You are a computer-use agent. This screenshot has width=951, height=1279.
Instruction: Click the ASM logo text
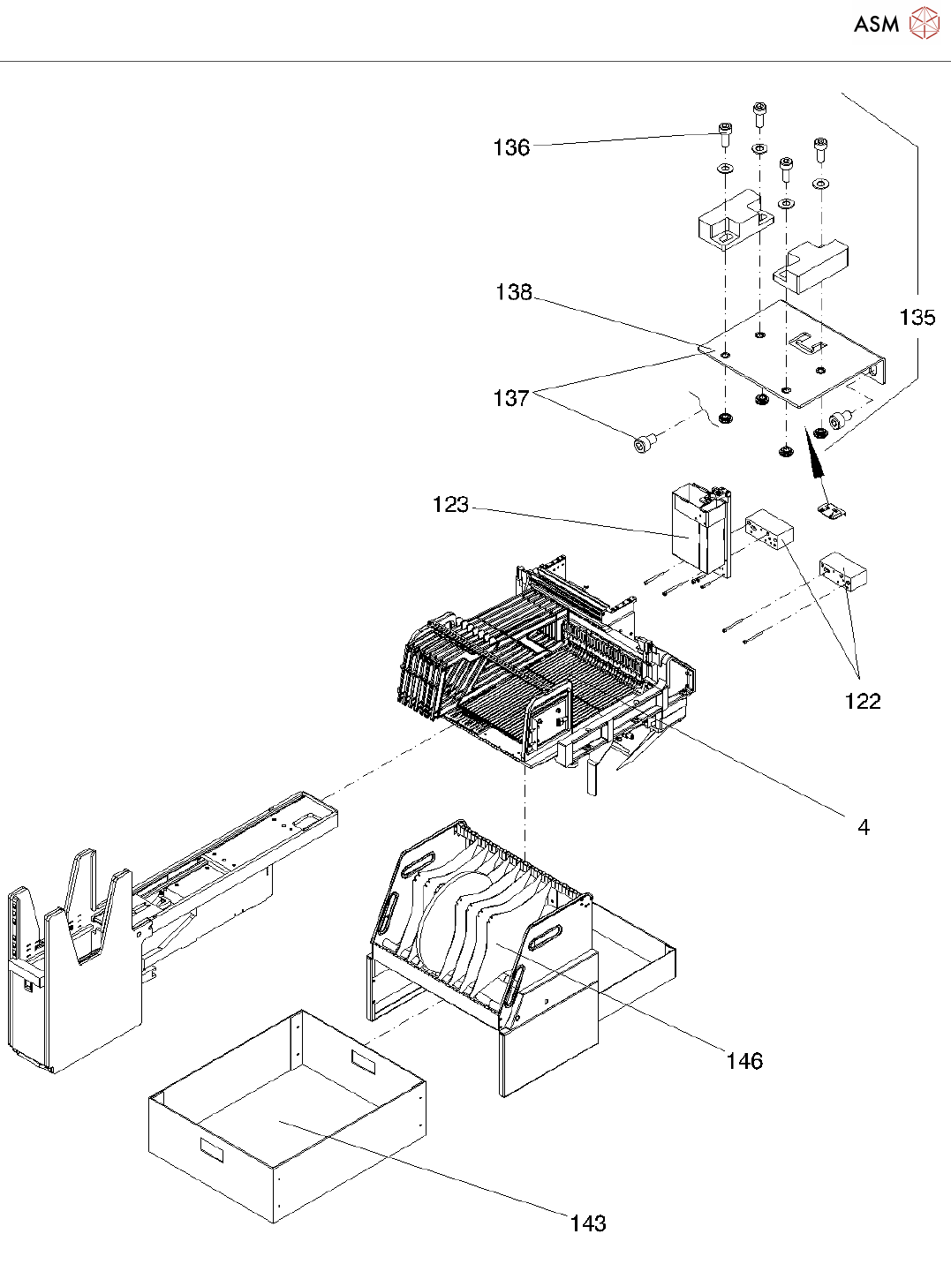click(x=876, y=25)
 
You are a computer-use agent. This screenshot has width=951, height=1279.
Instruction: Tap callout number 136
click(x=511, y=147)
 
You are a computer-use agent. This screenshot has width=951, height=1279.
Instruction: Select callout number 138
click(x=514, y=292)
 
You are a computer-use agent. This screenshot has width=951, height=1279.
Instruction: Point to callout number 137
click(x=511, y=398)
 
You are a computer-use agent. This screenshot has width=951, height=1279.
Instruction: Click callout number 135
click(x=917, y=318)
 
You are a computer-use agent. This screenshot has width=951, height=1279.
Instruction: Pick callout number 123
click(x=450, y=505)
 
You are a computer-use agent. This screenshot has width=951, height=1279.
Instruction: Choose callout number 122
click(x=863, y=701)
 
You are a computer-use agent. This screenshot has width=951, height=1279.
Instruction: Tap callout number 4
click(x=864, y=827)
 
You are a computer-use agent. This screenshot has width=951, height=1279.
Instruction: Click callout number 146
click(x=744, y=1061)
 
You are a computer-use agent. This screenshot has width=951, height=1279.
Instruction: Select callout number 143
click(x=588, y=1223)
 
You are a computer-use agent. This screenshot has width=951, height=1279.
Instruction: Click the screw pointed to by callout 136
click(x=724, y=135)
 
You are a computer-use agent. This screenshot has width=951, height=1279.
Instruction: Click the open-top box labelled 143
click(x=283, y=1121)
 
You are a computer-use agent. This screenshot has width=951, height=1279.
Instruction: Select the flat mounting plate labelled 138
click(x=795, y=353)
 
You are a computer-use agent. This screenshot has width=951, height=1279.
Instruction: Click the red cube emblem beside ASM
click(x=924, y=24)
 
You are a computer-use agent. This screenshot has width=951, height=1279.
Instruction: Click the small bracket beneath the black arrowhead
click(x=831, y=510)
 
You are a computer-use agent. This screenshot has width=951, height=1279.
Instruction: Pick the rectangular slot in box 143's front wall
click(x=213, y=1148)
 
